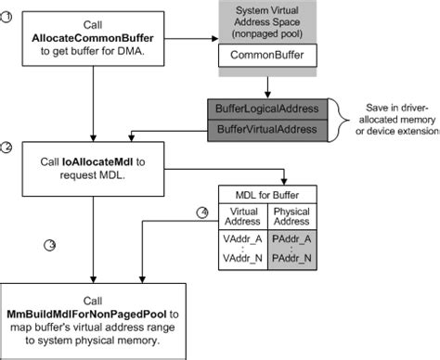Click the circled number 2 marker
(x=6, y=148)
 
